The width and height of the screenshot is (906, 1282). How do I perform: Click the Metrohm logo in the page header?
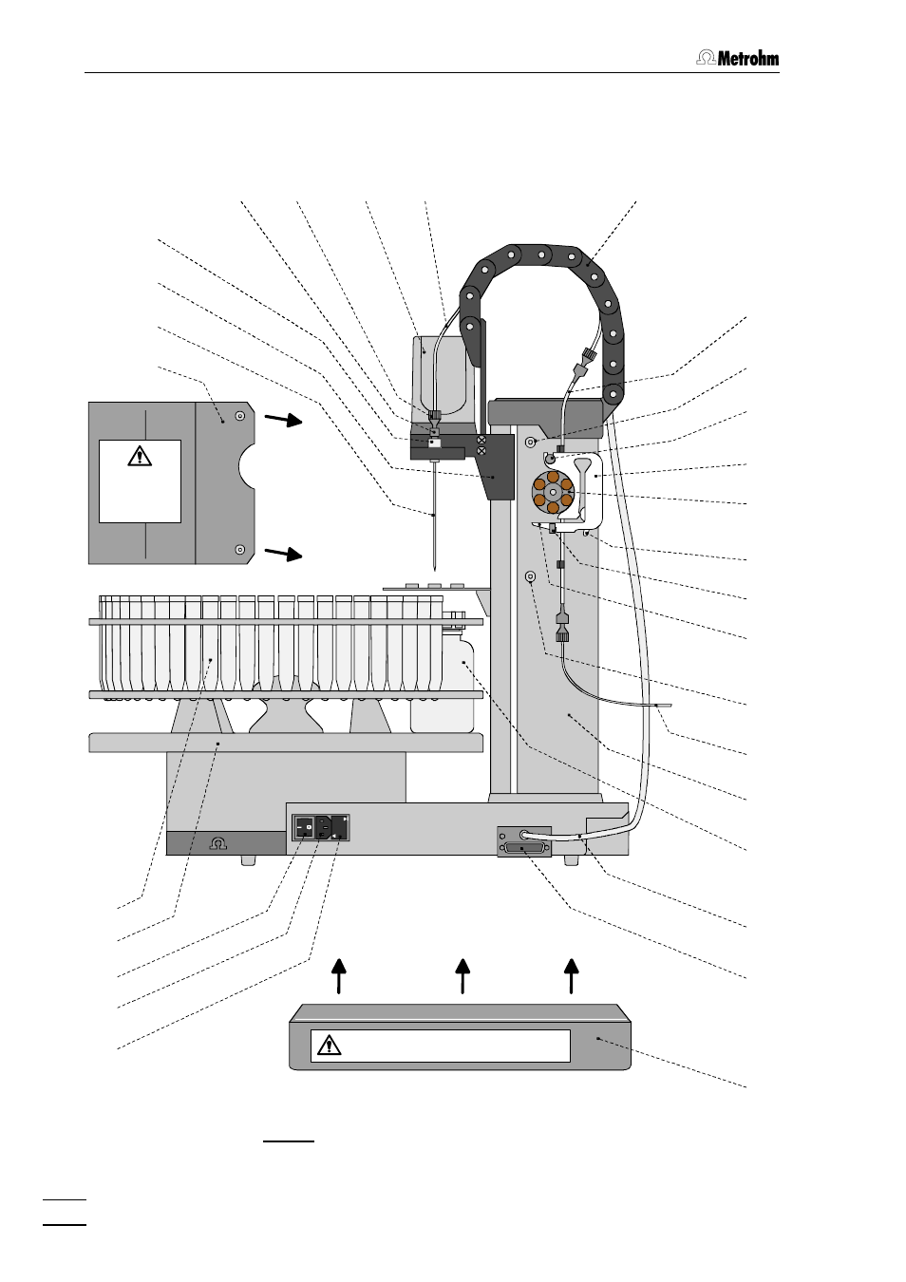[x=737, y=58]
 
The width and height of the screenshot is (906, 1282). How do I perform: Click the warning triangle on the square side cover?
[x=140, y=456]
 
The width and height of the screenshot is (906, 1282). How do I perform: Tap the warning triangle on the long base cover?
[x=330, y=1045]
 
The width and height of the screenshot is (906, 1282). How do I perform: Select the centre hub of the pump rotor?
[x=552, y=492]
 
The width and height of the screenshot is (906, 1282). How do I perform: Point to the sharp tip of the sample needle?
[x=435, y=570]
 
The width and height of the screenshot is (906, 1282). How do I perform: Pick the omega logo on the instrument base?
[x=218, y=843]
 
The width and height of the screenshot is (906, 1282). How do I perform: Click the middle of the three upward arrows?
[x=462, y=976]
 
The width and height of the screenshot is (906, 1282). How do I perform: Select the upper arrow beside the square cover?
[x=283, y=420]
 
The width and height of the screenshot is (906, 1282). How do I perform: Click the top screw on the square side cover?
[x=240, y=416]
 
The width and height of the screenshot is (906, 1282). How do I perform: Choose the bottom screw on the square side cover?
[x=240, y=550]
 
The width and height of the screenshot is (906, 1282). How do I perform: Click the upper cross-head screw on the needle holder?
[x=481, y=440]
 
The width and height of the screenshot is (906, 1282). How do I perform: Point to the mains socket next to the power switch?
[x=324, y=828]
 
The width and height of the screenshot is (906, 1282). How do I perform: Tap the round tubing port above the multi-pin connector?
[x=522, y=835]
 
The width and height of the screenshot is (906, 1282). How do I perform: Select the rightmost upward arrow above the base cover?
[x=571, y=976]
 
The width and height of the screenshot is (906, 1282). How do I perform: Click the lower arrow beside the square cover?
[x=283, y=554]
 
